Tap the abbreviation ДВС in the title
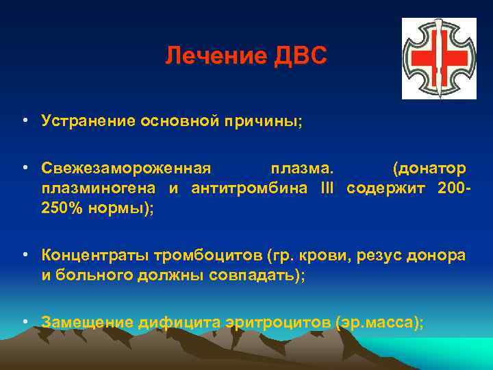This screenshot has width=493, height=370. (301, 57)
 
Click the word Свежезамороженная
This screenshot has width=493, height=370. (127, 169)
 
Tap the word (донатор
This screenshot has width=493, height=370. (429, 169)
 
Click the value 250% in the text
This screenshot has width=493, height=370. (62, 209)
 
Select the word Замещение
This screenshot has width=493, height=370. (87, 322)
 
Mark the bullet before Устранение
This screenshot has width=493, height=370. (25, 121)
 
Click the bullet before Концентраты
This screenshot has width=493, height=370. (25, 256)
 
